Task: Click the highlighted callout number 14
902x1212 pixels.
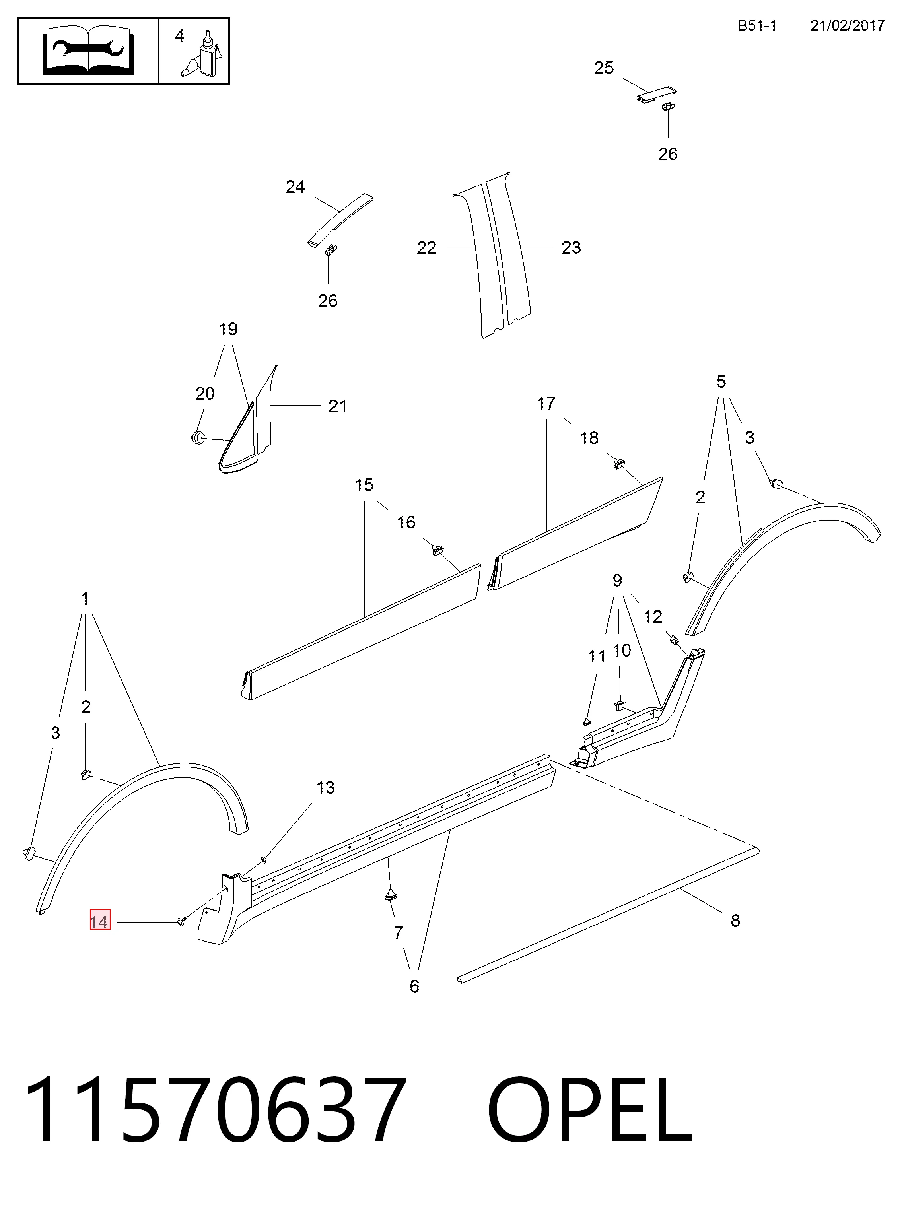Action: click(100, 922)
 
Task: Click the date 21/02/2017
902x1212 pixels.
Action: click(847, 26)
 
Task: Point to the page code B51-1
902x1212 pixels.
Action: click(757, 26)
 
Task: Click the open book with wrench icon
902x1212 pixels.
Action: click(88, 51)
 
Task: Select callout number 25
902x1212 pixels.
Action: click(604, 68)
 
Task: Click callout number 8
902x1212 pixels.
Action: click(735, 921)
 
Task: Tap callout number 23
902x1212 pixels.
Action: click(571, 248)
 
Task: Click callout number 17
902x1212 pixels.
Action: click(546, 404)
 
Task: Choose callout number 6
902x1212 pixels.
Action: click(414, 986)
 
